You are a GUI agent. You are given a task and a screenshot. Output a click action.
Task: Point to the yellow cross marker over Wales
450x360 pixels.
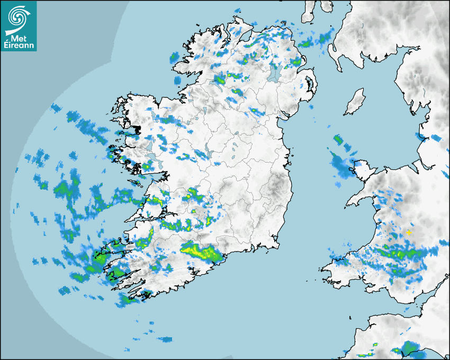pyautogui.click(x=409, y=232)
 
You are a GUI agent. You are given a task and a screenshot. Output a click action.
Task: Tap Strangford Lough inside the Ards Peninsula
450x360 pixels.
pyautogui.click(x=309, y=84)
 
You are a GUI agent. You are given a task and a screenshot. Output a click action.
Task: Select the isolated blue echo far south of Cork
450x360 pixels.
pyautogui.click(x=165, y=339)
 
